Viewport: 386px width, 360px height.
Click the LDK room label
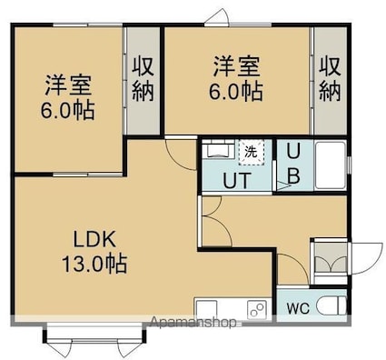coord(94,240)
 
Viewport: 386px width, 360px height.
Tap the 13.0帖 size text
coord(94,264)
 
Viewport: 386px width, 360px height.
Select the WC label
coord(298,308)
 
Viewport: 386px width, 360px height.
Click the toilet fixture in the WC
coord(331,306)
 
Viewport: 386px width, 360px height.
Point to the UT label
coord(237,181)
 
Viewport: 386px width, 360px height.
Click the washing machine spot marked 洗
coord(252,152)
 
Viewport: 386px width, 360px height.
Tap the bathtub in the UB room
coord(331,165)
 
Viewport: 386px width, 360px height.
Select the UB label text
coord(293,165)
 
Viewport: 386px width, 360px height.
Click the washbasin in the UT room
coord(218,148)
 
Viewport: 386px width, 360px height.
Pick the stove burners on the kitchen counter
coord(257,309)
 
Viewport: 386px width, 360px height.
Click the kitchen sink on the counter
coord(207,308)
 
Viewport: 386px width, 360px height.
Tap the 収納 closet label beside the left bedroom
coord(144,79)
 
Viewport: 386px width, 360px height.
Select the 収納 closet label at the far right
coord(331,79)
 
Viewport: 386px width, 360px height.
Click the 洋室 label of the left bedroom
coord(68,85)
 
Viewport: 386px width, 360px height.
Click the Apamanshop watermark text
coord(193,322)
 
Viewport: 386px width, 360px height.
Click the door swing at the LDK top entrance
coord(181,155)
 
